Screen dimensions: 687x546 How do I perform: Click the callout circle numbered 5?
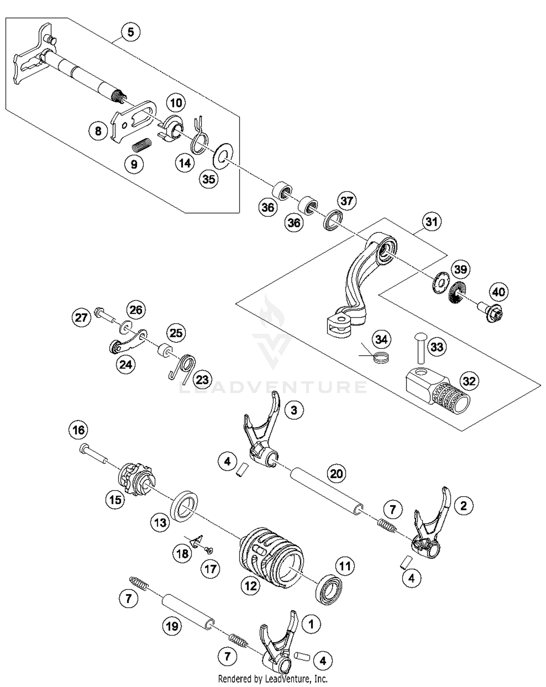(130, 32)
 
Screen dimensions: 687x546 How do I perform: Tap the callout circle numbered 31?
(431, 221)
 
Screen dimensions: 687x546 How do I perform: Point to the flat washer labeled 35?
(223, 156)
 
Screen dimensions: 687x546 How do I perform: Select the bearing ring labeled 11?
(329, 589)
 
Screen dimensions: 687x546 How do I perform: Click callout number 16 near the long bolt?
(78, 430)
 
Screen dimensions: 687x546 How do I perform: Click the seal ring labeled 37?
(333, 220)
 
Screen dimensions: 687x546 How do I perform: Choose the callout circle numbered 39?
(460, 269)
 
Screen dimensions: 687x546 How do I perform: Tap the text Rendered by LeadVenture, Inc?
(273, 679)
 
